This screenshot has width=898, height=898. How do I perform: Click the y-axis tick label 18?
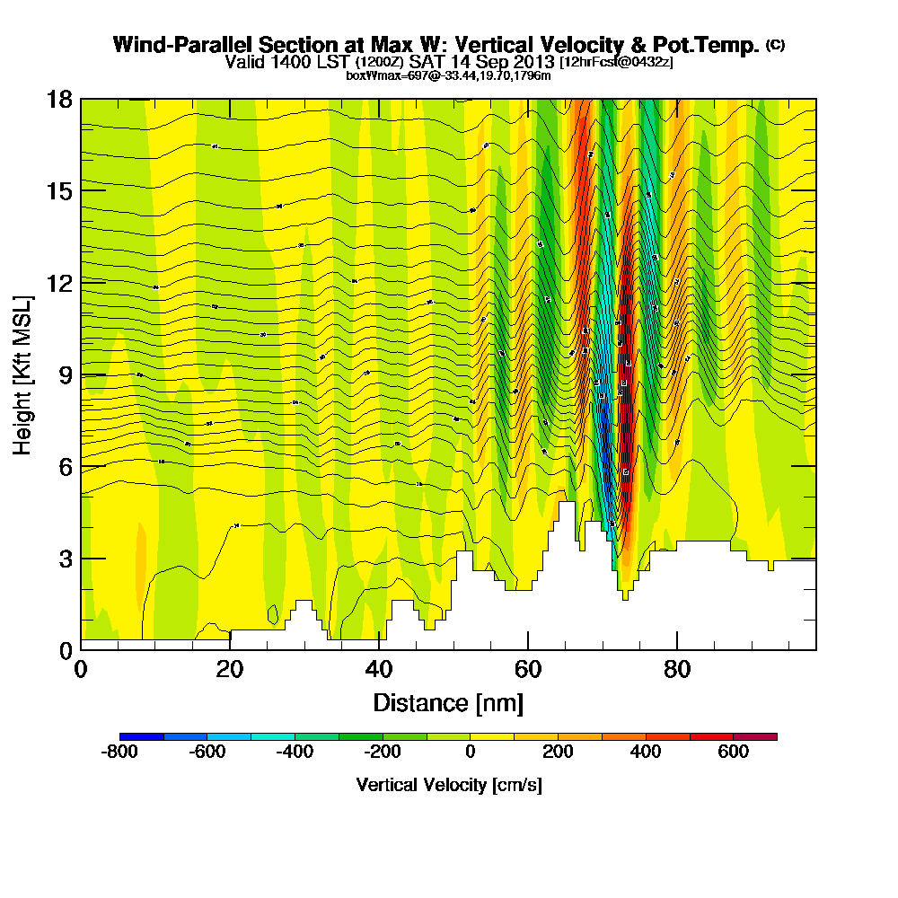coord(59,99)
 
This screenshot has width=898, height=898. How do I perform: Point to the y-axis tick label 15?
coord(59,191)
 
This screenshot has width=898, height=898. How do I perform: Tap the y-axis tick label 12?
coord(59,283)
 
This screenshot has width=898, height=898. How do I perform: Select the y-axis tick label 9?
coord(66,375)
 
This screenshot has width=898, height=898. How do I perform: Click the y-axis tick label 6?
coord(66,467)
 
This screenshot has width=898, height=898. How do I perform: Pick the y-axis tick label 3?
coord(66,559)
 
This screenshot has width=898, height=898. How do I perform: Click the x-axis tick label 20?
coord(230,671)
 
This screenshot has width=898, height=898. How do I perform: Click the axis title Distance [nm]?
coord(448,702)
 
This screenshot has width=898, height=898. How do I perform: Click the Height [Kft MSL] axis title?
coord(23,374)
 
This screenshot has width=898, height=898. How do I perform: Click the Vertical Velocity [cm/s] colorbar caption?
coord(448,785)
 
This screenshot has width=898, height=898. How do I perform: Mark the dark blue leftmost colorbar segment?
coord(141,736)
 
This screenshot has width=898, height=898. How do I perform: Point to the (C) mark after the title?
coord(775,44)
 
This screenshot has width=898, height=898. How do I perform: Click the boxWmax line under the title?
coord(448,75)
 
